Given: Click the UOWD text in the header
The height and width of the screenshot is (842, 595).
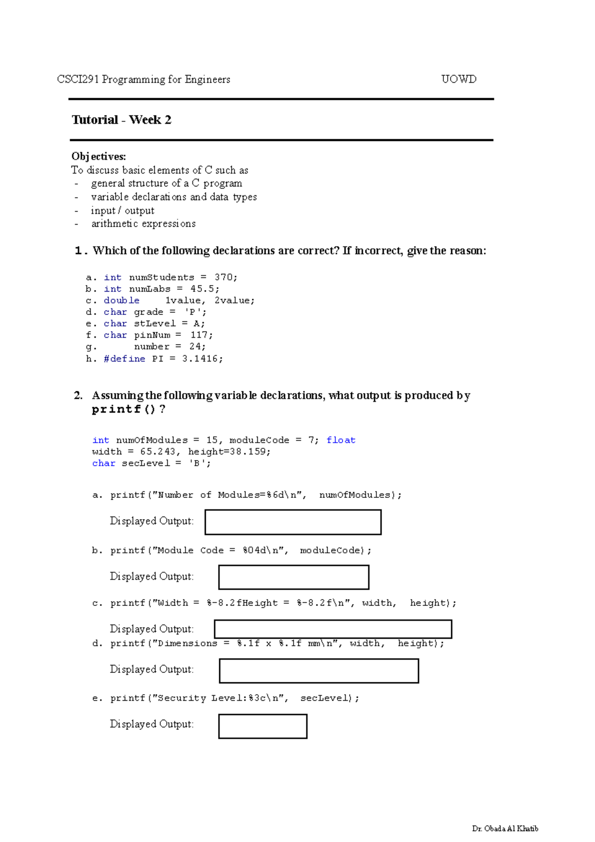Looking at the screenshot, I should pos(459,79).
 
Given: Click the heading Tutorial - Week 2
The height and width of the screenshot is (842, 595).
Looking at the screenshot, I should pos(121,120).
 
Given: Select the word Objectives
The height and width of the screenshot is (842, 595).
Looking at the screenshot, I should pos(99,157).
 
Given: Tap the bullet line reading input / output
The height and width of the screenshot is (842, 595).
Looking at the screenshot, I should pos(122,210).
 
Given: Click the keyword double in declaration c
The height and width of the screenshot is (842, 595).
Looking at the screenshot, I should pos(121,301).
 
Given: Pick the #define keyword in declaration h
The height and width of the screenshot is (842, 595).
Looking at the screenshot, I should pos(124,359).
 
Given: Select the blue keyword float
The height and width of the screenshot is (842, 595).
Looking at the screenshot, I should pos(341,440).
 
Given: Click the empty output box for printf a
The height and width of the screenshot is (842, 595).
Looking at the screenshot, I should pos(293,522).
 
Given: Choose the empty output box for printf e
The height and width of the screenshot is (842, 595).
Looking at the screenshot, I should pos(263,726).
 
